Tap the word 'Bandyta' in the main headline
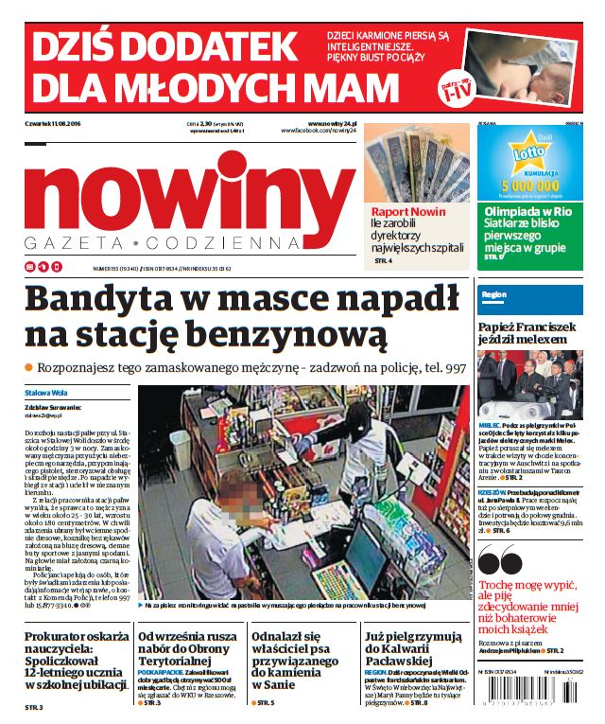[100, 299]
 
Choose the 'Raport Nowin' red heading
[407, 212]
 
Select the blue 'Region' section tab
[496, 294]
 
